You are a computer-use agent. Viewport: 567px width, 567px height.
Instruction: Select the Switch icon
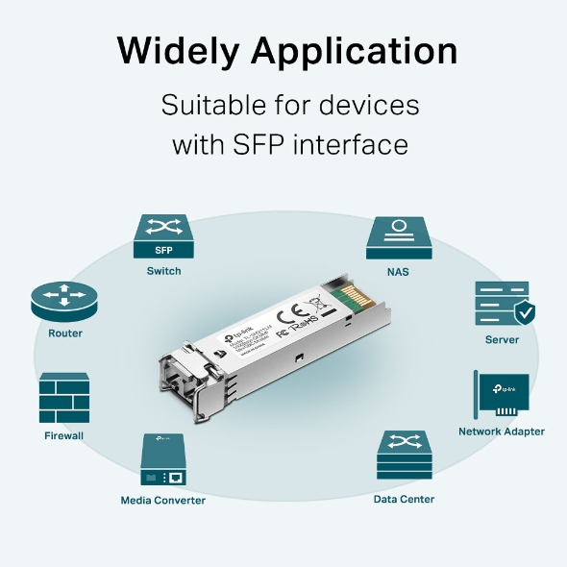pos(163,238)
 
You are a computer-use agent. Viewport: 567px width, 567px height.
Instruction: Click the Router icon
pos(64,301)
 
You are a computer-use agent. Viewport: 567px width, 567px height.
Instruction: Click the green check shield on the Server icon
pos(524,311)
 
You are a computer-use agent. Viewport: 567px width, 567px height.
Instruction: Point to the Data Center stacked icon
pos(404,456)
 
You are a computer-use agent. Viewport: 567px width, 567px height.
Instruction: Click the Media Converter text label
pos(162,500)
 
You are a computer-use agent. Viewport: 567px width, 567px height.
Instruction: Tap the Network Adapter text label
pos(501,431)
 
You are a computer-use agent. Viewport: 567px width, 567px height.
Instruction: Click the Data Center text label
pos(404,499)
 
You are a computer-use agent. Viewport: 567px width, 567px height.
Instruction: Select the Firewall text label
pos(64,435)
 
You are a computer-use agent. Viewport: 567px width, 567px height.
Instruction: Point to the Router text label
pos(64,333)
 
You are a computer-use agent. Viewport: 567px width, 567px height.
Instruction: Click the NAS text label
pos(398,272)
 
